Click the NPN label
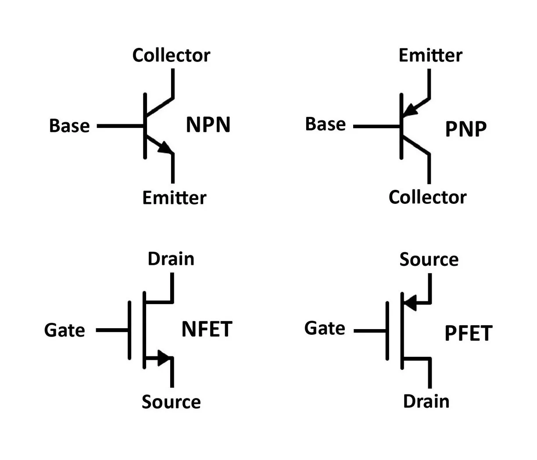[208, 125]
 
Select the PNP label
[465, 129]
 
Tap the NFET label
[207, 330]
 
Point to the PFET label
[468, 333]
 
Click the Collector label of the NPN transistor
[171, 55]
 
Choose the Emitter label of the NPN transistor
[174, 198]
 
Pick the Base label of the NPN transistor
[69, 126]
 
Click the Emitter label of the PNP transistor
[430, 55]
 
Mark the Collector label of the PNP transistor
[427, 197]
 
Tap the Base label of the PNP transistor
[325, 124]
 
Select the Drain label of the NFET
[171, 259]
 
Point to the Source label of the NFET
[171, 402]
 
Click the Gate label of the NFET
[64, 330]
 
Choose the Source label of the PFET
[429, 259]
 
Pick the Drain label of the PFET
[426, 401]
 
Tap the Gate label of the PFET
[325, 328]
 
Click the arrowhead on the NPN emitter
[166, 148]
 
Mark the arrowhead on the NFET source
[164, 358]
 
